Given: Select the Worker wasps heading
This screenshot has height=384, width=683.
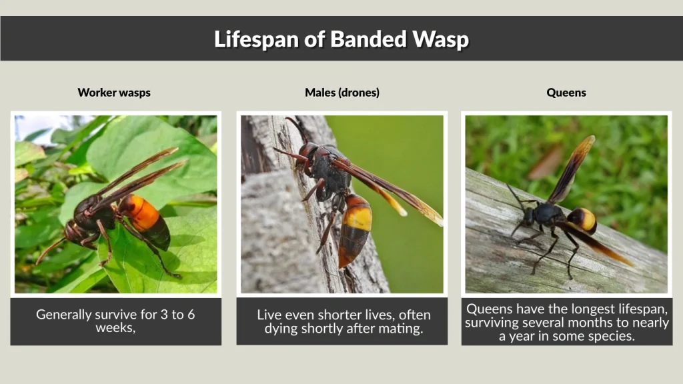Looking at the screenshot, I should coord(114,93).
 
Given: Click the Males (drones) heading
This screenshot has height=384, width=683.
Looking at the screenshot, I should coord(342,93).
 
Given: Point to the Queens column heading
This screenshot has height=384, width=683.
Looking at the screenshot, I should coord(566,93).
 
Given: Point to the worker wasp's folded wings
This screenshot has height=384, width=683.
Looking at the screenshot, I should coord(137,177).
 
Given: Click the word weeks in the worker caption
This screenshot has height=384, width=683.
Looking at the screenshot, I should coord(115,328).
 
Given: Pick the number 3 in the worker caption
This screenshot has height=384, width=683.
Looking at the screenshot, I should coord(163,315).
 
